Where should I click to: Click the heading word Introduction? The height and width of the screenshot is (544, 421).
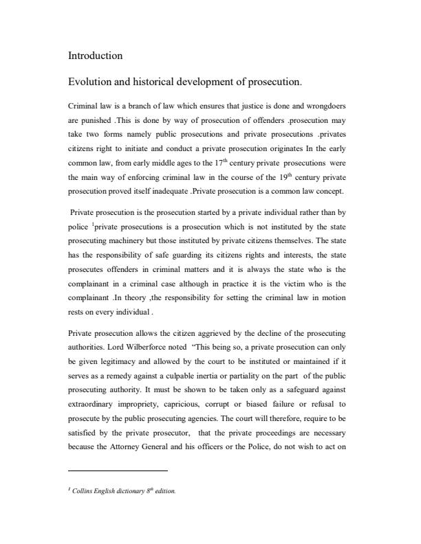click(95, 56)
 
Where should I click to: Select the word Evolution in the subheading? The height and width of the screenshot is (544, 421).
click(91, 82)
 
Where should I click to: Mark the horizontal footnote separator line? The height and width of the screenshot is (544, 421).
click(118, 471)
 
